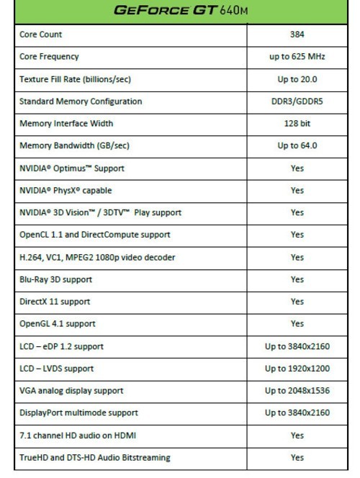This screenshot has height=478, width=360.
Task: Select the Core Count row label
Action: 42,35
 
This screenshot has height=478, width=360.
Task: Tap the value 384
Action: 297,35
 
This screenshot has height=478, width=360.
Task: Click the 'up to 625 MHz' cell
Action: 297,57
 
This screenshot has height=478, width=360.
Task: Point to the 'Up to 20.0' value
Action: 297,79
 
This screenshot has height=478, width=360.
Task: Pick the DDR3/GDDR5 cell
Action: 297,102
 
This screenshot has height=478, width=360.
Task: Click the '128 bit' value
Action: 297,124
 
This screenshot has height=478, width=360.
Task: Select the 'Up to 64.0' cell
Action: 297,146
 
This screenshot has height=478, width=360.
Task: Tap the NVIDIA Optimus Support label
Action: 72,168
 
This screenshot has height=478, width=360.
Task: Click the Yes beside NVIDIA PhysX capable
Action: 297,191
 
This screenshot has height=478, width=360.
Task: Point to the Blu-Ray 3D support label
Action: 57,279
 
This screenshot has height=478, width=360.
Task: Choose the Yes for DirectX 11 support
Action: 297,302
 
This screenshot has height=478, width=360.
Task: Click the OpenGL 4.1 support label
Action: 57,324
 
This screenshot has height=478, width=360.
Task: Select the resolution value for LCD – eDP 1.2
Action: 297,346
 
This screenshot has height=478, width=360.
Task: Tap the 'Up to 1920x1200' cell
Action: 297,369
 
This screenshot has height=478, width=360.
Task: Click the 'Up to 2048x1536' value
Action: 297,391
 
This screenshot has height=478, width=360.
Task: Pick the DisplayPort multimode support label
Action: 79,413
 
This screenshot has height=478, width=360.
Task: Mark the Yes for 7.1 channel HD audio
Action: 297,436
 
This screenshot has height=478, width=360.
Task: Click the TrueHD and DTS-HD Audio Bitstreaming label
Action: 95,458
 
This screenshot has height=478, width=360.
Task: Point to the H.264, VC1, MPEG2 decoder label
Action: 97,257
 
